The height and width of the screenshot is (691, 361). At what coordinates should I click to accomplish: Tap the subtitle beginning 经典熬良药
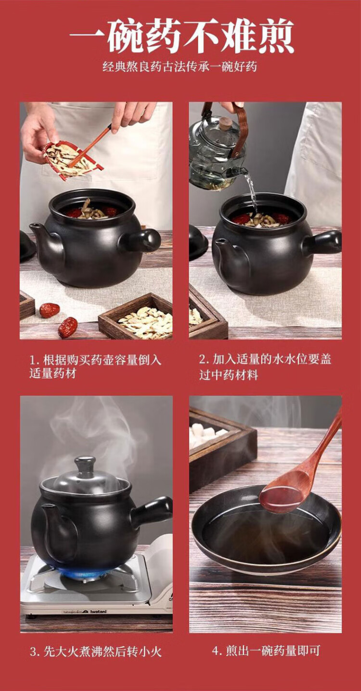click(x=180, y=67)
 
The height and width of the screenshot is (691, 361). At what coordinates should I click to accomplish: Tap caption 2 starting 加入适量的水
click(x=265, y=367)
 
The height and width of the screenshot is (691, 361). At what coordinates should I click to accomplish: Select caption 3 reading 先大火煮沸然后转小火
click(x=96, y=652)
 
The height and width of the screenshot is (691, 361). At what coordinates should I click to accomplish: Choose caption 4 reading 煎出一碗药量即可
click(x=266, y=651)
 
